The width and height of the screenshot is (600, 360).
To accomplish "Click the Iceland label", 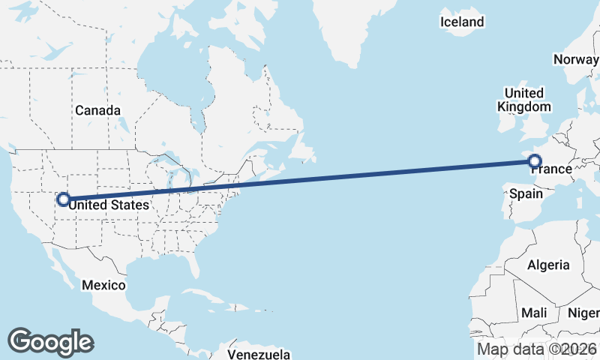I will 462,22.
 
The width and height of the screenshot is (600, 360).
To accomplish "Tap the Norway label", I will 576,59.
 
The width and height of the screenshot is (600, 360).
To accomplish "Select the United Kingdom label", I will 525,100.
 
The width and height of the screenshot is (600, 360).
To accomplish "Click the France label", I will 552,169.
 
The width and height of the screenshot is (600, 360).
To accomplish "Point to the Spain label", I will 526,193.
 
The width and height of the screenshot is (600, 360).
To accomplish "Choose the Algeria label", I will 548,265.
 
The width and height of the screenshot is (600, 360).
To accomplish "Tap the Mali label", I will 535,312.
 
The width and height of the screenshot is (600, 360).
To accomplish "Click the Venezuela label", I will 259,353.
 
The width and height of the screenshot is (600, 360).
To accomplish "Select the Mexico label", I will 103,285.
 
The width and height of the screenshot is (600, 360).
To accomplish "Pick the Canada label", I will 97,110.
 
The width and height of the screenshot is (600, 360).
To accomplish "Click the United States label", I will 109,203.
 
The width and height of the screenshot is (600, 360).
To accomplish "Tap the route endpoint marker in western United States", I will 64,199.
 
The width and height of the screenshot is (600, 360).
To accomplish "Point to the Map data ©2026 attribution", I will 537,349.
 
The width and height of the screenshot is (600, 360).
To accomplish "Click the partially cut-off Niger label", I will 584,312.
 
